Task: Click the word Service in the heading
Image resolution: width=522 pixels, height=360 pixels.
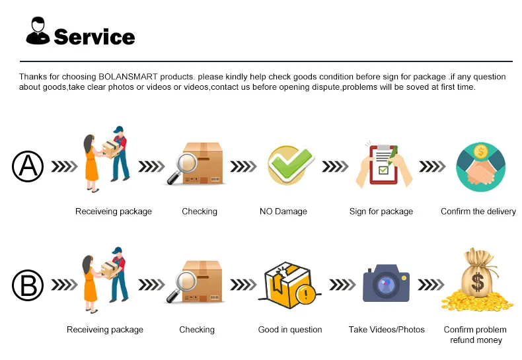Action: tap(94, 36)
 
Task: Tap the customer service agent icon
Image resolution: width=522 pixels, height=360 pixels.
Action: tap(38, 30)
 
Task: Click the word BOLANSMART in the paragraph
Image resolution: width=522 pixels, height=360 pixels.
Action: tap(128, 77)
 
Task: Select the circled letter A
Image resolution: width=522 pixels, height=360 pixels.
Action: tap(28, 166)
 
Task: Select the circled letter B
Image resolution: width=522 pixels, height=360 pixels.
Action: tap(28, 285)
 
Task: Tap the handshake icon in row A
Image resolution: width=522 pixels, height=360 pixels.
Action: tap(481, 167)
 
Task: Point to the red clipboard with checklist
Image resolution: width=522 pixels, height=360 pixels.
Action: tap(384, 164)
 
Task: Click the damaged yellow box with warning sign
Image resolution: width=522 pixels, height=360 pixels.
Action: tap(289, 285)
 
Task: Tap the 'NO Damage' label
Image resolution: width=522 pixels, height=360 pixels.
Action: tap(283, 211)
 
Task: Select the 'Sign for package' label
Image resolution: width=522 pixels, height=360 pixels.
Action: tap(381, 211)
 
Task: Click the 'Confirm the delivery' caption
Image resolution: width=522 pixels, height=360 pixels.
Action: tap(478, 211)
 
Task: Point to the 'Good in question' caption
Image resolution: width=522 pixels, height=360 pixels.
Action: tap(290, 330)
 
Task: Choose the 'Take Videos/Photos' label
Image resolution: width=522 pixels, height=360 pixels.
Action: tap(387, 330)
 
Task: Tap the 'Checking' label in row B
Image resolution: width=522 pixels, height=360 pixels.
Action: tap(197, 330)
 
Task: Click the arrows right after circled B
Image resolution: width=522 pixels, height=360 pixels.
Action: tap(64, 285)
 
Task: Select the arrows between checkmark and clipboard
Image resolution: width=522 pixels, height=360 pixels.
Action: tap(335, 166)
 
